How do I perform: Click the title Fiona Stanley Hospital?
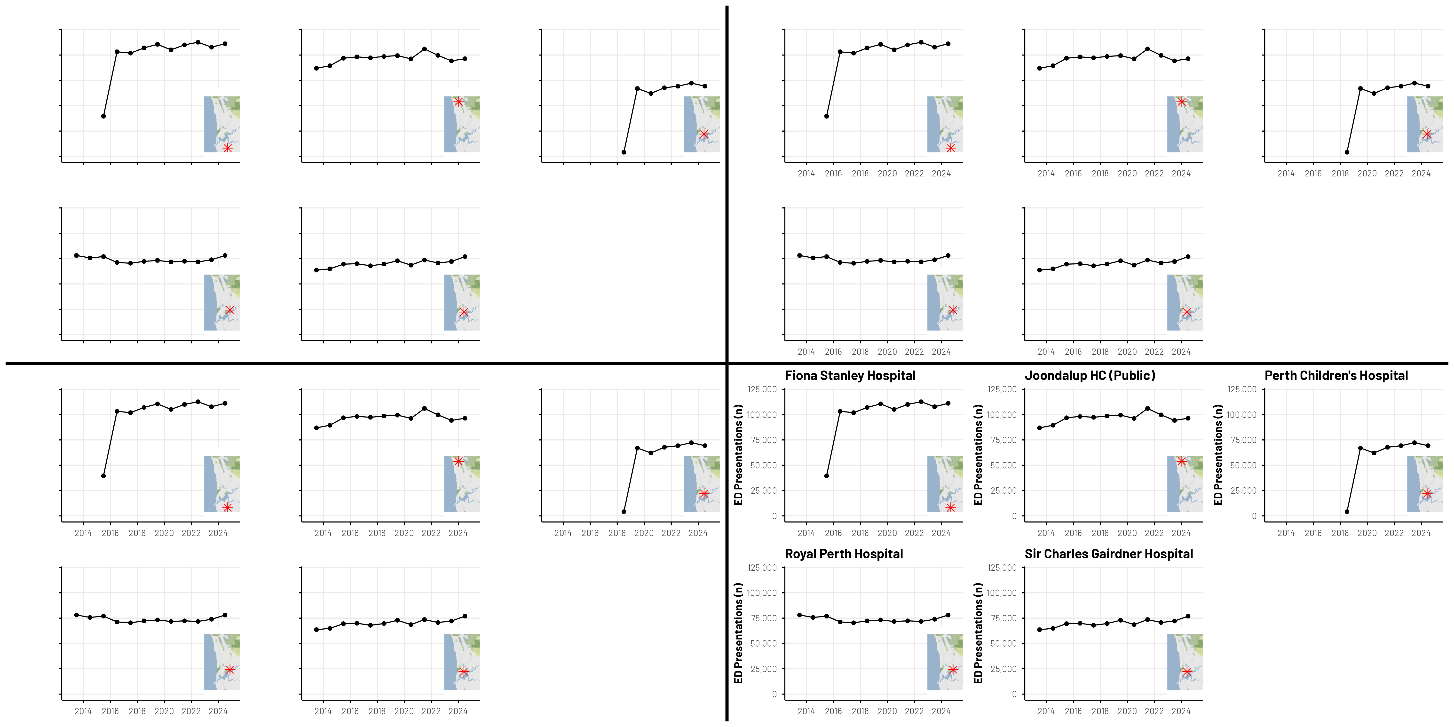pos(850,376)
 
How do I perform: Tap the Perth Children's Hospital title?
pos(1336,376)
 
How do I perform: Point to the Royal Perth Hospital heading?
pos(844,554)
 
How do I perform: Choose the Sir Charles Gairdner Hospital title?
pos(1109,554)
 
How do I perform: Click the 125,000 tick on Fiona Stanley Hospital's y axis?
pos(762,389)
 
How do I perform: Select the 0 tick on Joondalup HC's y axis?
pos(1014,516)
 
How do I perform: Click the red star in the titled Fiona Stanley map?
pos(950,507)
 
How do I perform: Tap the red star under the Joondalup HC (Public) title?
pos(1181,461)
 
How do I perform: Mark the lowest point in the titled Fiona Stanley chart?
pos(826,476)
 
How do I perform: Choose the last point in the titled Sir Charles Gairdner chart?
pos(1188,616)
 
